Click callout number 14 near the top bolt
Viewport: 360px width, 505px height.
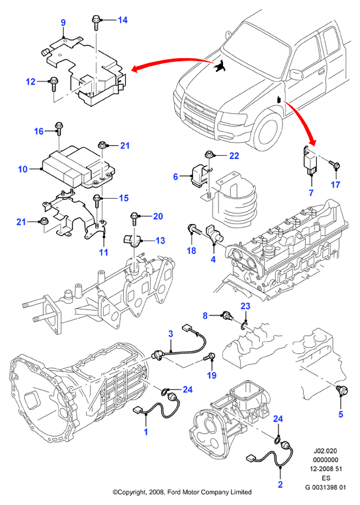click(x=123, y=20)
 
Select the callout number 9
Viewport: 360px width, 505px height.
click(x=63, y=23)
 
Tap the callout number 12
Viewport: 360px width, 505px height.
click(x=31, y=81)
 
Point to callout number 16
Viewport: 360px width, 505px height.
click(x=38, y=131)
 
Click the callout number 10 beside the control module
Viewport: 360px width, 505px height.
click(x=23, y=169)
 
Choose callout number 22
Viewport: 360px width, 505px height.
click(x=234, y=156)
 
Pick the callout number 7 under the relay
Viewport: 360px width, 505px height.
click(x=311, y=193)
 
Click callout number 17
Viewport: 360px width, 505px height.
click(x=335, y=184)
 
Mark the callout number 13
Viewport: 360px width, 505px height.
click(x=160, y=240)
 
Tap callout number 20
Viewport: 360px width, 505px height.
click(x=158, y=216)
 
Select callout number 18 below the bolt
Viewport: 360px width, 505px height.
click(x=192, y=250)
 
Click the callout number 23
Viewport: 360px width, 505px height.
click(x=245, y=306)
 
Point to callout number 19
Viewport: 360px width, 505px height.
click(x=212, y=375)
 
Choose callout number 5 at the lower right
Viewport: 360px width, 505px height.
click(x=340, y=414)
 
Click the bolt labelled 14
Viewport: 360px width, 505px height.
click(x=97, y=22)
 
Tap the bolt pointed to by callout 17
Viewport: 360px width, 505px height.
click(x=335, y=166)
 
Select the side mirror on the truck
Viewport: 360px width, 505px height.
click(x=296, y=74)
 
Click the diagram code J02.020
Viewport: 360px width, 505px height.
click(x=326, y=451)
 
